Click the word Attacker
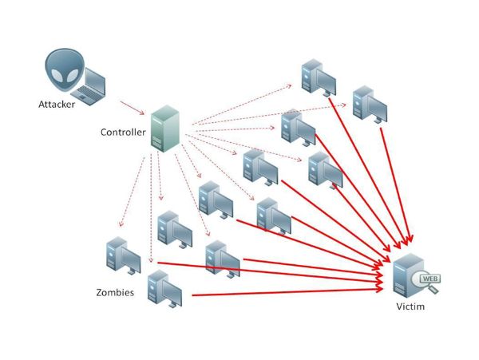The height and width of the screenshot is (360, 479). point(58,104)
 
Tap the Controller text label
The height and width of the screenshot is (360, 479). point(124,132)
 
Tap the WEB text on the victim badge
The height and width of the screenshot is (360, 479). point(429,279)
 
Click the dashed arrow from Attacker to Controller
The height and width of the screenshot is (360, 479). point(133,105)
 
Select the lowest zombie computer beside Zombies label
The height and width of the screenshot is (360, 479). point(164,289)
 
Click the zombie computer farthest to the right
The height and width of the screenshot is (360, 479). point(370,103)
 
